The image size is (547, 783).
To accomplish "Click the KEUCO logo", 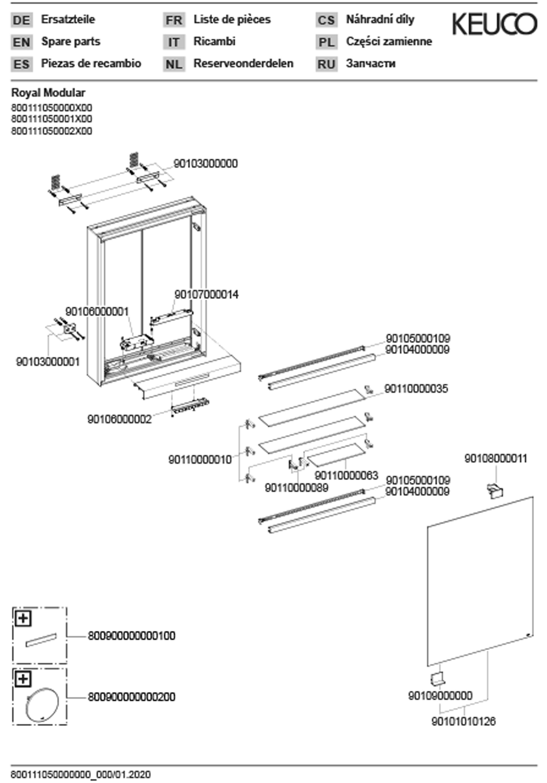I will (x=495, y=23).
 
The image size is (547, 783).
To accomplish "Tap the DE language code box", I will (x=21, y=20).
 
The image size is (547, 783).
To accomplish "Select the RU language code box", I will (x=326, y=64).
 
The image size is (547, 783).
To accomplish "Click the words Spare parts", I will (x=71, y=41).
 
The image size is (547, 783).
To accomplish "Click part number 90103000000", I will (x=205, y=164).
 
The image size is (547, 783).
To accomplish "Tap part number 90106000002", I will (x=119, y=419).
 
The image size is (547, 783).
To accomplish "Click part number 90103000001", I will (x=48, y=362).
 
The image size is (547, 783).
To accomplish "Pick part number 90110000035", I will (x=416, y=388).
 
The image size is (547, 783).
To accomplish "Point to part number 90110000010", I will (x=200, y=459).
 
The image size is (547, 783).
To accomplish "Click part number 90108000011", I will (x=496, y=459).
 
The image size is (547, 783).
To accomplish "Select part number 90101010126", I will (x=463, y=721).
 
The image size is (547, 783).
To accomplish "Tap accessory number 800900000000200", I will (x=131, y=697).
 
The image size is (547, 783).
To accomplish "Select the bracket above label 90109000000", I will (x=437, y=678).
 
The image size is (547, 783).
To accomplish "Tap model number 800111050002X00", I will (x=51, y=131).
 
